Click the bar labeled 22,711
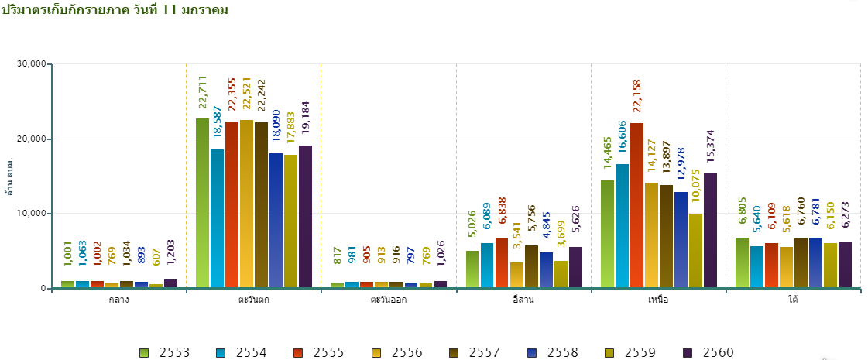click(x=202, y=203)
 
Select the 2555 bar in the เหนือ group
click(x=636, y=205)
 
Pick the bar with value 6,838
click(x=501, y=263)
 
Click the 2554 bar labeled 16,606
click(x=622, y=226)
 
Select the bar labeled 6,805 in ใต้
click(x=742, y=263)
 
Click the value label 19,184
click(x=305, y=121)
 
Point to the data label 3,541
click(x=516, y=241)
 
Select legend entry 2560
click(x=708, y=353)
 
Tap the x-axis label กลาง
click(x=119, y=300)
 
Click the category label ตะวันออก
click(x=388, y=300)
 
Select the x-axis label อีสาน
click(x=523, y=300)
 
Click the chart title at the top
click(x=115, y=9)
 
